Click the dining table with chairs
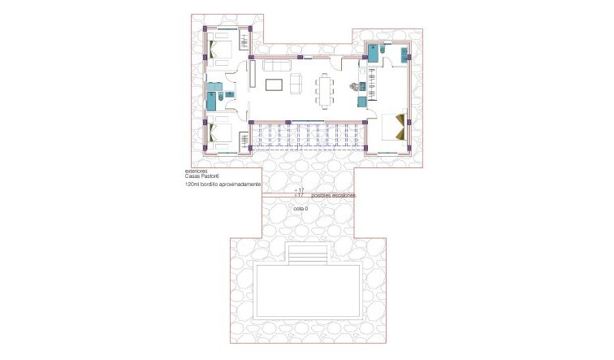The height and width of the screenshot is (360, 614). pyautogui.click(x=326, y=89)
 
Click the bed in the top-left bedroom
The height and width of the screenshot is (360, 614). pyautogui.click(x=220, y=46)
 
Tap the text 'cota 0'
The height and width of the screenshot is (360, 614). pyautogui.click(x=301, y=208)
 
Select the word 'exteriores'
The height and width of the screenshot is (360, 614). pyautogui.click(x=197, y=172)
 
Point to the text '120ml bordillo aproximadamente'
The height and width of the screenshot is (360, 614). pyautogui.click(x=223, y=186)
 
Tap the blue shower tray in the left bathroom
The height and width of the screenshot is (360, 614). pyautogui.click(x=213, y=102)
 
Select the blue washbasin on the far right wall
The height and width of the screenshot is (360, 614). pyautogui.click(x=403, y=54)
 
